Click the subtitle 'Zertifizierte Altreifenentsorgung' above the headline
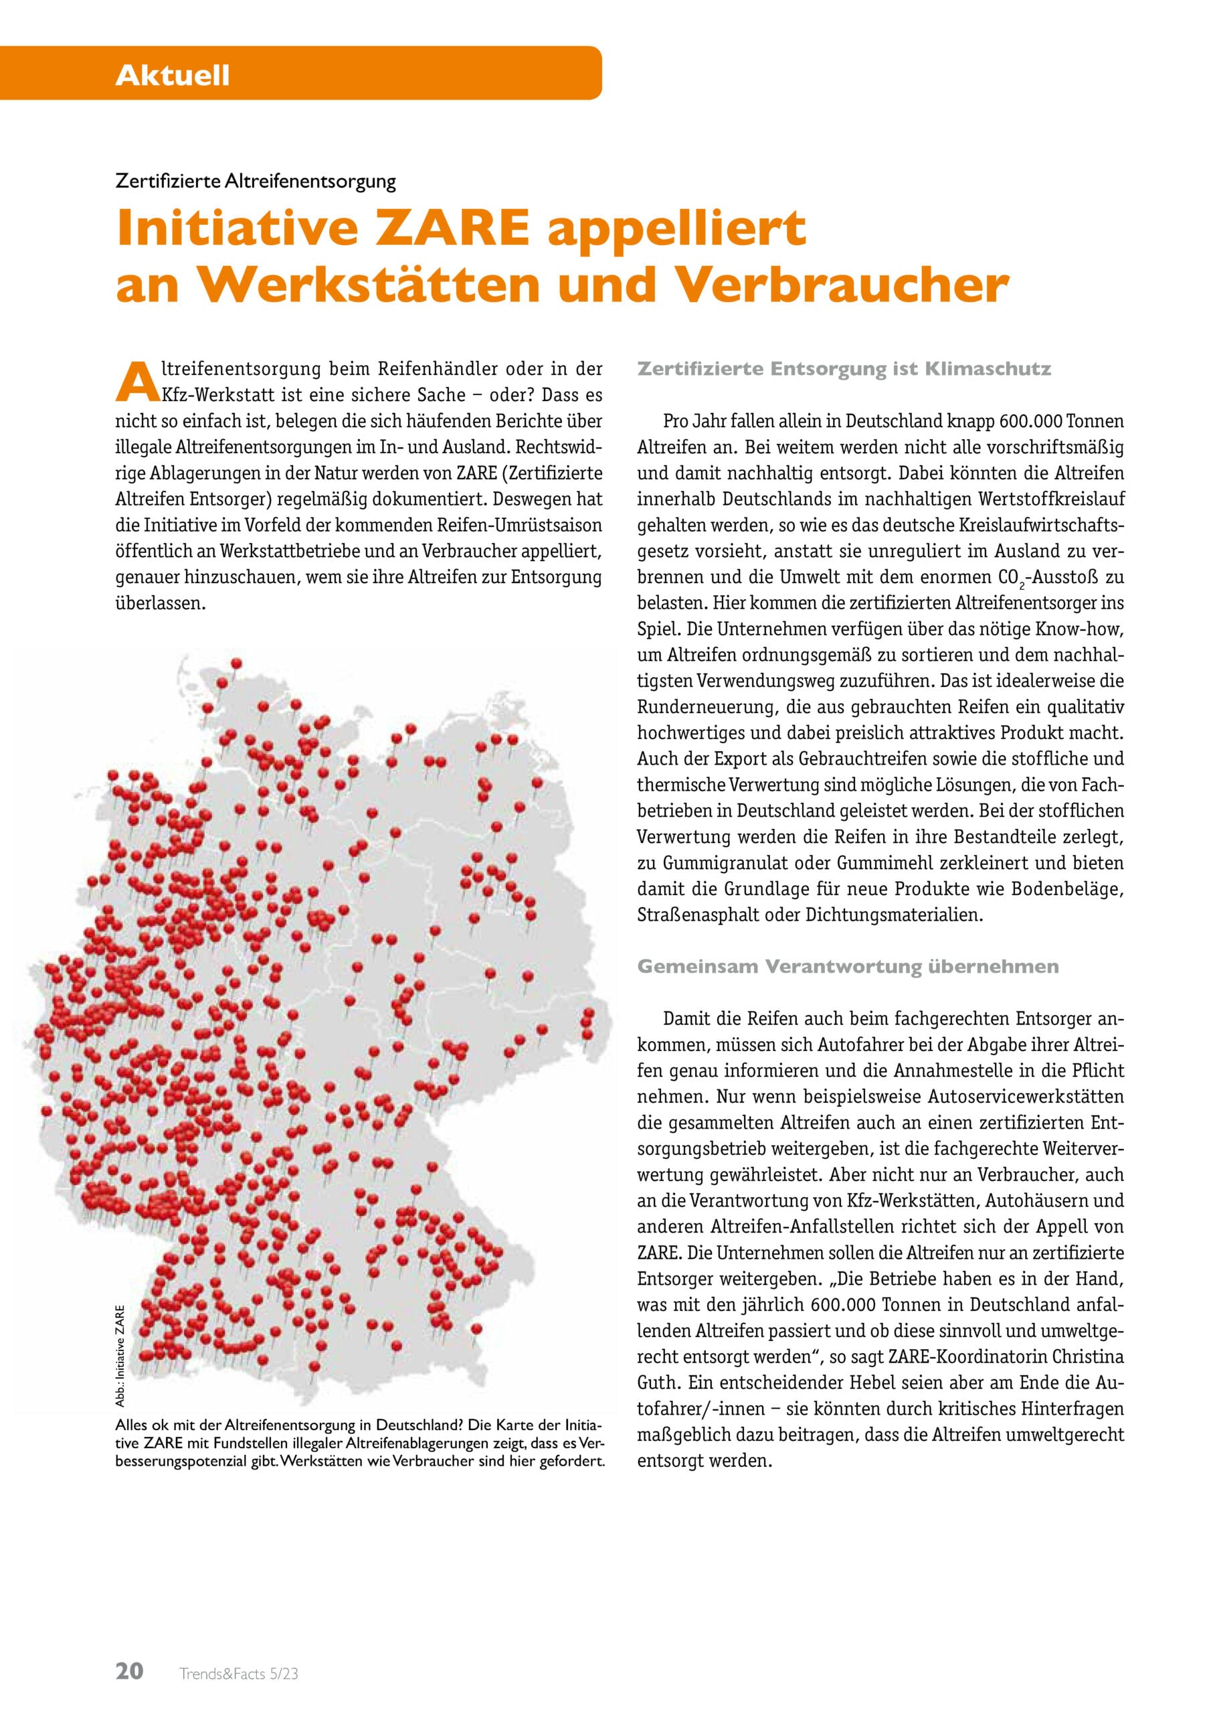[255, 181]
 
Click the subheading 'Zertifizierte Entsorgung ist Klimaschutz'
[844, 370]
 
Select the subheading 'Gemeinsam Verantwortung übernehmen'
[848, 967]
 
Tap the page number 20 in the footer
[130, 1644]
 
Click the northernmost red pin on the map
[238, 663]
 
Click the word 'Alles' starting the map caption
[132, 1423]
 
